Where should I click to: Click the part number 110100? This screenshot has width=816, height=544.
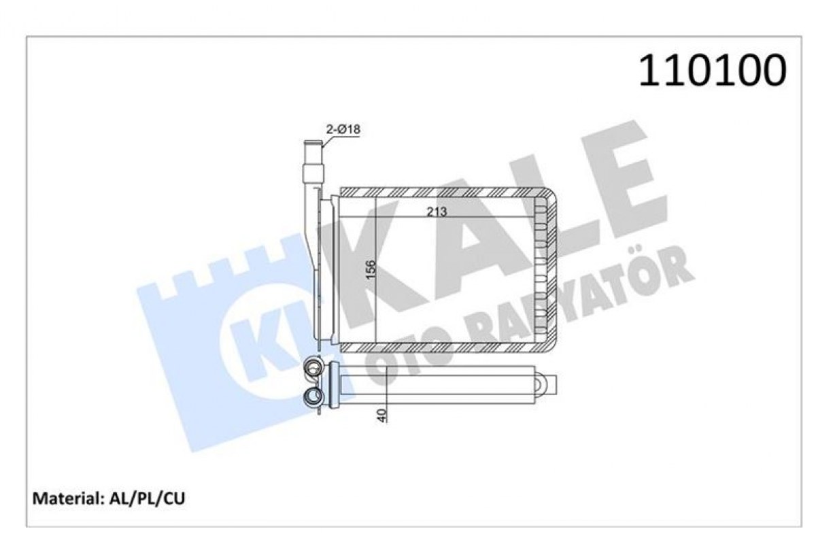pyautogui.click(x=712, y=70)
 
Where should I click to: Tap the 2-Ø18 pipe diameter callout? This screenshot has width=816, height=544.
pyautogui.click(x=343, y=129)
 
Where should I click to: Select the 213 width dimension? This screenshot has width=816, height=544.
pyautogui.click(x=437, y=211)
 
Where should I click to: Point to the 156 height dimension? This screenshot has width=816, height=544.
pyautogui.click(x=371, y=270)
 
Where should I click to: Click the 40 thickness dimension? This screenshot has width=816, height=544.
pyautogui.click(x=381, y=415)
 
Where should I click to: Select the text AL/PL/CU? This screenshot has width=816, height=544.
pyautogui.click(x=147, y=498)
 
